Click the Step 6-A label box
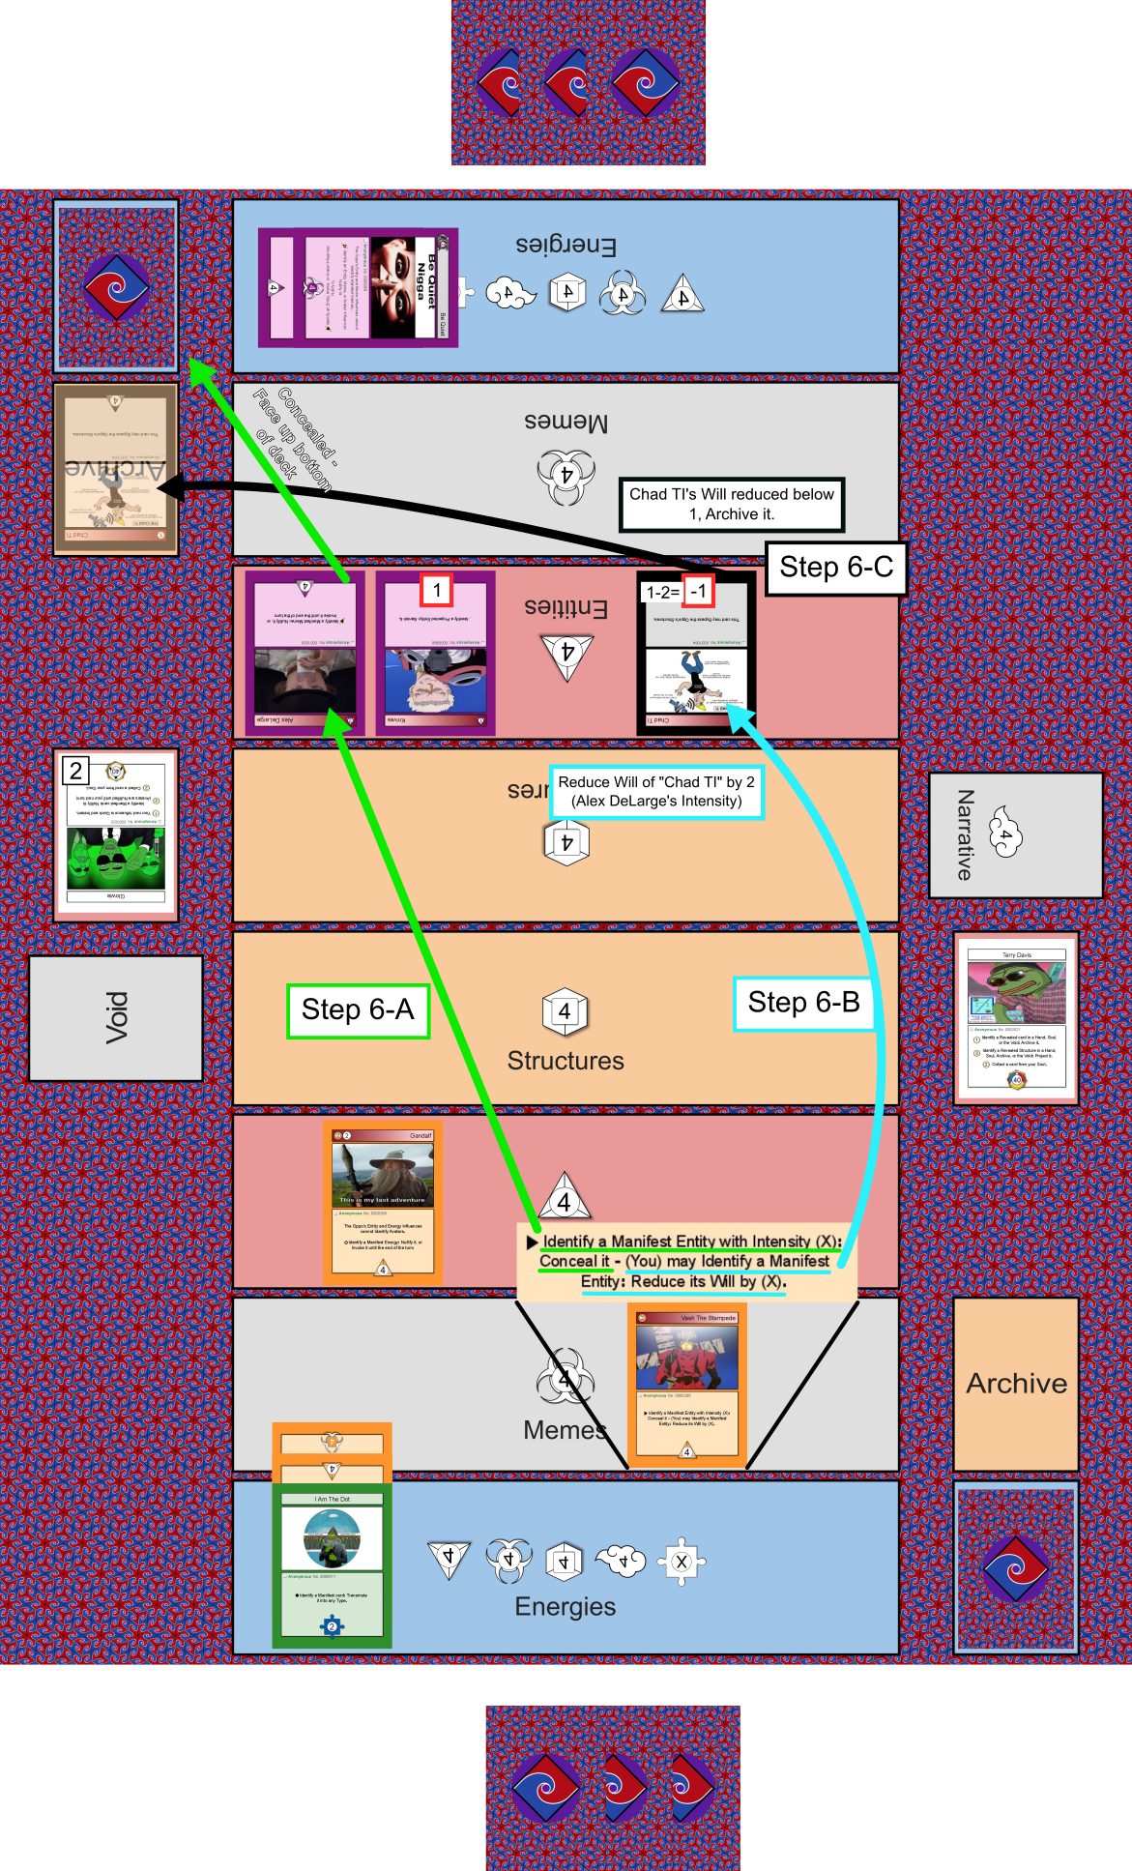pos(358,1010)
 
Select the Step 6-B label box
pos(803,1004)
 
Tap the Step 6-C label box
pos(836,568)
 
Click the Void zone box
pos(116,1017)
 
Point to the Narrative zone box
pos(1015,835)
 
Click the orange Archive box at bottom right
pos(1015,1384)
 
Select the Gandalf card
pos(383,1203)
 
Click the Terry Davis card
pos(1016,1017)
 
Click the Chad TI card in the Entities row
pos(695,654)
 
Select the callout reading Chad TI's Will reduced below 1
pos(732,504)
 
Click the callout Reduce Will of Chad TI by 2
pos(656,792)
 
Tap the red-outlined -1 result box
pos(698,592)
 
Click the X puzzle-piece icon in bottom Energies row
pos(682,1562)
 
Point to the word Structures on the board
pos(566,1061)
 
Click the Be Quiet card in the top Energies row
pos(358,287)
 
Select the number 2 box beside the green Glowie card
pos(75,771)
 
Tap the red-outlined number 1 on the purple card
pos(437,590)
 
